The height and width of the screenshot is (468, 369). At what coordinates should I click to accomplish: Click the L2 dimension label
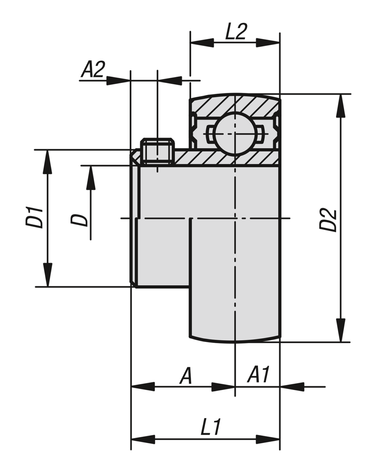(236, 32)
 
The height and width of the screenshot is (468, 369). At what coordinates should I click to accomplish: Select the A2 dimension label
(93, 70)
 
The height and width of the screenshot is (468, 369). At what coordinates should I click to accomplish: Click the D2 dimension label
(328, 220)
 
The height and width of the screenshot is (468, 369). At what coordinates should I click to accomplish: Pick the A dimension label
(186, 376)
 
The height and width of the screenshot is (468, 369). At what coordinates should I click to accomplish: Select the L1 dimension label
(211, 428)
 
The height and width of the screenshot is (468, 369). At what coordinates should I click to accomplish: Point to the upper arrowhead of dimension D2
(341, 105)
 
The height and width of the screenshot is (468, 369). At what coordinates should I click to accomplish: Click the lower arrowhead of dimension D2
(341, 331)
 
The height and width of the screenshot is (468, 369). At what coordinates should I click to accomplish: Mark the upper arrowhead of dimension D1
(48, 161)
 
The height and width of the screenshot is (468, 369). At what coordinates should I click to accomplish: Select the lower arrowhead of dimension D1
(48, 275)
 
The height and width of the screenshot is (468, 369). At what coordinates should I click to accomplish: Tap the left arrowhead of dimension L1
(143, 440)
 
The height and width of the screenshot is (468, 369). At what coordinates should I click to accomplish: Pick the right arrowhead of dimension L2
(268, 43)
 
